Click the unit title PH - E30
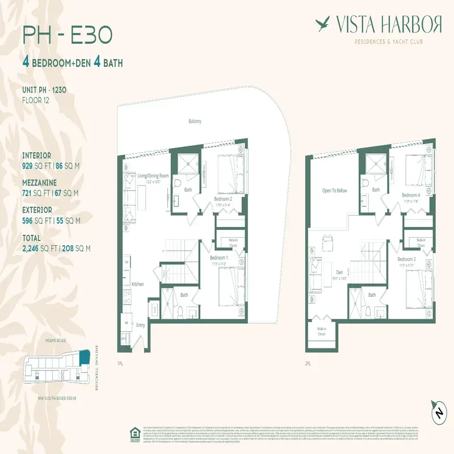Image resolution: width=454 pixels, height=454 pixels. (x=67, y=35)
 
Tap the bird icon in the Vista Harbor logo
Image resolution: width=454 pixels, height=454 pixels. (x=323, y=24)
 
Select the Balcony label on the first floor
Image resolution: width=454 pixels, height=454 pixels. (x=195, y=121)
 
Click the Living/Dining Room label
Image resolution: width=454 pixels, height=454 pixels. (x=153, y=176)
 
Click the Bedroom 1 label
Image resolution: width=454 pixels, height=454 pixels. (x=218, y=258)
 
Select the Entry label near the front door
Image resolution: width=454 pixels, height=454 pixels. (x=140, y=325)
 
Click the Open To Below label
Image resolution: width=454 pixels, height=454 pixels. (x=334, y=191)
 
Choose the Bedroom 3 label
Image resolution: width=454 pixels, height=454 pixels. (x=407, y=259)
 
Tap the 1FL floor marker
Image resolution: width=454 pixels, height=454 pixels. (x=120, y=363)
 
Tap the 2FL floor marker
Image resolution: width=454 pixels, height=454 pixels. (x=309, y=363)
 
